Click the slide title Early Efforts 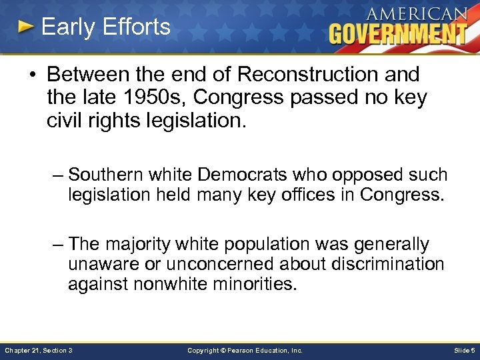tap(105, 27)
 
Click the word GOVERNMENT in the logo tap(398, 33)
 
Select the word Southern tap(108, 175)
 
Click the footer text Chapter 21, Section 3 tap(38, 350)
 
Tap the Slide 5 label tap(464, 350)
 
